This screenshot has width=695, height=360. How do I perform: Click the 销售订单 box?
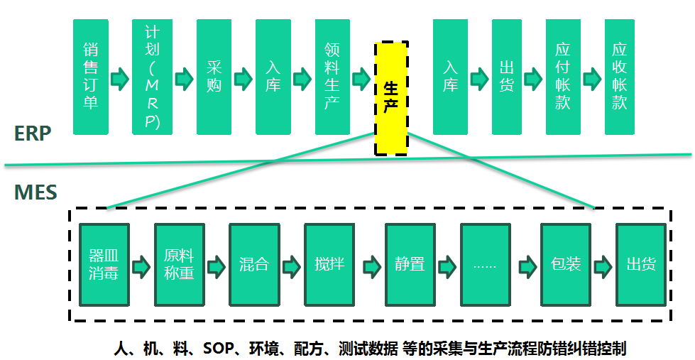[x=91, y=77]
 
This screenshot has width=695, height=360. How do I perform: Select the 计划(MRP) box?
[x=152, y=77]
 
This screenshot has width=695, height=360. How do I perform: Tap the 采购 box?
[x=214, y=77]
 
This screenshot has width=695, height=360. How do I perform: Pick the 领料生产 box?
[x=332, y=77]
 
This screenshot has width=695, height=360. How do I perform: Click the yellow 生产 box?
[x=391, y=98]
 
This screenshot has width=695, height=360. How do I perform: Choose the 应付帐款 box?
[x=563, y=77]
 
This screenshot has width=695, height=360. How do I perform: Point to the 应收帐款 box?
[x=620, y=77]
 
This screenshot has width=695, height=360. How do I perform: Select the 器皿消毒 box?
[x=104, y=264]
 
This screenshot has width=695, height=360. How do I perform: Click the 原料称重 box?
[x=179, y=264]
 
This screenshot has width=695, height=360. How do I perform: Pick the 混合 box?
[x=254, y=264]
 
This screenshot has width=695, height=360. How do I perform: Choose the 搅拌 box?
[x=329, y=264]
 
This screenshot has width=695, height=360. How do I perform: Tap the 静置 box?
[x=410, y=264]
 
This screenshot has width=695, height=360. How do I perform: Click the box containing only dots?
[x=485, y=264]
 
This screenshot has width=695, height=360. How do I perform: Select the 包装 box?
[x=566, y=264]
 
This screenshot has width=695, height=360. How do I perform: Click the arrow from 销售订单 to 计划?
[x=121, y=77]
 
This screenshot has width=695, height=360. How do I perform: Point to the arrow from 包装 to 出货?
[x=603, y=266]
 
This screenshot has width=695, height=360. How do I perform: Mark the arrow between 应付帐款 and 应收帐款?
[x=591, y=77]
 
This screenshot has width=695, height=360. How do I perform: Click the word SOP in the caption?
[x=218, y=349]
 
